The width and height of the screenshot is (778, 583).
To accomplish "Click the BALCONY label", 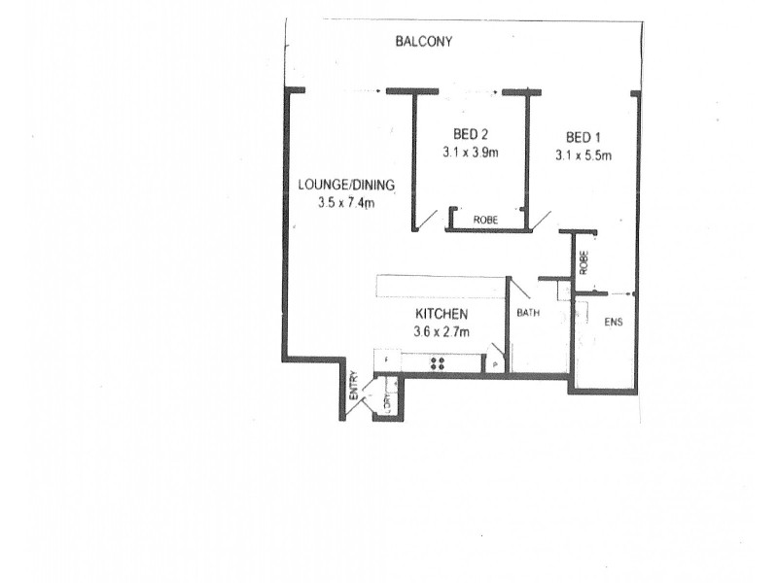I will pyautogui.click(x=425, y=42).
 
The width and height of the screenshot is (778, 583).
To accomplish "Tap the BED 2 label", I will pyautogui.click(x=471, y=133).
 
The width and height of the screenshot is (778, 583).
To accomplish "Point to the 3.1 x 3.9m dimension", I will pyautogui.click(x=471, y=153).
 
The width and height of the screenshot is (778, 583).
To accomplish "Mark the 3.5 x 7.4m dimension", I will pyautogui.click(x=345, y=203).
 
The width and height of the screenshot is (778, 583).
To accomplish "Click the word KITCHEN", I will pyautogui.click(x=442, y=315).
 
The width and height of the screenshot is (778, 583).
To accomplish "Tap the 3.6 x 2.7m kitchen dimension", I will pyautogui.click(x=442, y=333).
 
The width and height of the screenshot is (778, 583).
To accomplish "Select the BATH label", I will pyautogui.click(x=528, y=313).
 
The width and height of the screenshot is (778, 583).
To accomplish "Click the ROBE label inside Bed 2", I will pyautogui.click(x=485, y=220).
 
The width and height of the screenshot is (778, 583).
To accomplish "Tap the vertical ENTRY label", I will pyautogui.click(x=353, y=387).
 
